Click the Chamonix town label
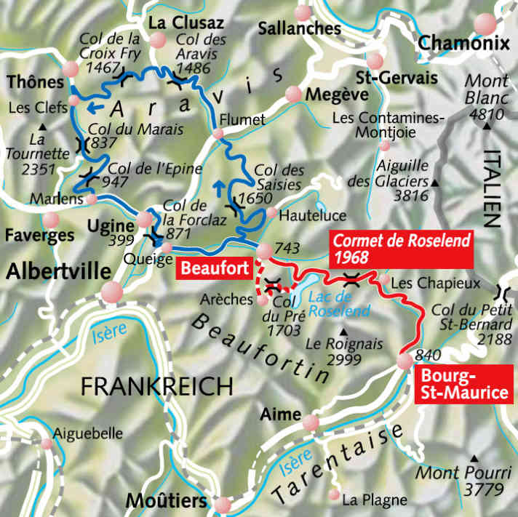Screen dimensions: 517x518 [x=463, y=44]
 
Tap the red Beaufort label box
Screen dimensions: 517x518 [x=213, y=268]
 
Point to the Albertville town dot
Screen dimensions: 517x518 [x=111, y=292]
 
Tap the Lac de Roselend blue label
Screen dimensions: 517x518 [x=334, y=303]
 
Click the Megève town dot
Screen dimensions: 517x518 [x=293, y=94]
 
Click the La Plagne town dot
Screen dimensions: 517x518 [x=334, y=494]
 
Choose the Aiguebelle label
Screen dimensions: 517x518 [x=90, y=433]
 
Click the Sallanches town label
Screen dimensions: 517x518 [x=300, y=28]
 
